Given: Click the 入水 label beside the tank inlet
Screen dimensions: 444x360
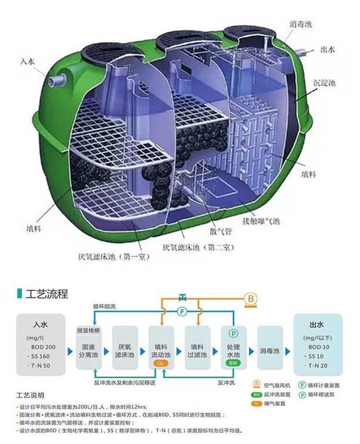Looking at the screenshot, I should coord(28,62).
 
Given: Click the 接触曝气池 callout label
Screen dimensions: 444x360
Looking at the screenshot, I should coord(261,221).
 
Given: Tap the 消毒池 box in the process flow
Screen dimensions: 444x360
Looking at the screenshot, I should coord(269,351).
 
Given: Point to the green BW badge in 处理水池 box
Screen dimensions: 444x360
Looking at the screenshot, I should coord(233,363).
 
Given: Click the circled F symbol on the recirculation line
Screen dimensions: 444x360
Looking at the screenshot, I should coord(182,311).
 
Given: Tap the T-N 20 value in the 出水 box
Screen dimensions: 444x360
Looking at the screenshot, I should coord(319,366).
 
